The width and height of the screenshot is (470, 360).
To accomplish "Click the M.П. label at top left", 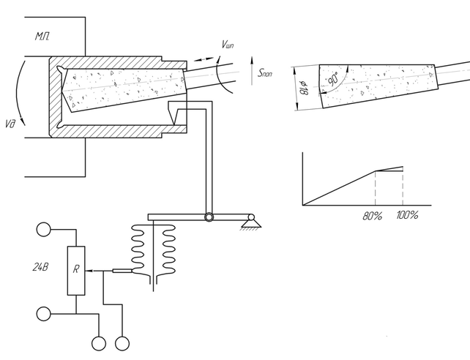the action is click(x=42, y=37).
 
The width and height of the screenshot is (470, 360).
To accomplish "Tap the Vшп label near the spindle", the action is click(x=228, y=45).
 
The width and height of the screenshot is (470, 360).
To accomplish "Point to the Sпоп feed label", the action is click(x=265, y=72).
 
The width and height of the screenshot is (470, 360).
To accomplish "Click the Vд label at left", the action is click(x=10, y=124).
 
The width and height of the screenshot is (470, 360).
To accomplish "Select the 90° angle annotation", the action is click(x=332, y=78).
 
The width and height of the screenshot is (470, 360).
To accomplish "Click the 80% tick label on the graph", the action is click(x=373, y=216).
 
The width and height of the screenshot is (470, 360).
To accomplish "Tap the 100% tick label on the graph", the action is click(x=407, y=215).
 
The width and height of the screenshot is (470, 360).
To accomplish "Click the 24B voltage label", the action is click(x=40, y=267).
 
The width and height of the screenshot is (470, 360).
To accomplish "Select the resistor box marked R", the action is click(x=76, y=271).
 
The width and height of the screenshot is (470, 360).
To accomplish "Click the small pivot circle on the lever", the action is click(x=209, y=217).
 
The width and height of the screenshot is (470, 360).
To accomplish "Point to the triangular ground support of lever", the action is click(x=251, y=223).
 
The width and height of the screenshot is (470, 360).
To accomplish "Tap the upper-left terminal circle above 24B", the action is click(x=44, y=230).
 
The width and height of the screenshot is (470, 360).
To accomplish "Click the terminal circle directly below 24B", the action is click(x=44, y=314).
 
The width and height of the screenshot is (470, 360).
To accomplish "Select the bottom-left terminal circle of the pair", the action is click(x=99, y=343).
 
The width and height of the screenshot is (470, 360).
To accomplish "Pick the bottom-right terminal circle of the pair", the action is click(x=122, y=343).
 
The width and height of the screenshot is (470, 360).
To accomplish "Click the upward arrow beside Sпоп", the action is click(x=252, y=70).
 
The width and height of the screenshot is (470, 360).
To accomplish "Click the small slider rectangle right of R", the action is click(x=122, y=271).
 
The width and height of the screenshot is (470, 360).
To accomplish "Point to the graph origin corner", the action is click(x=303, y=206).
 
